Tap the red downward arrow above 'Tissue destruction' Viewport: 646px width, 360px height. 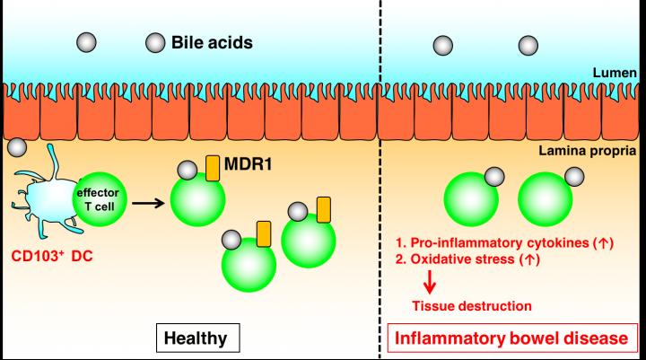click(431, 283)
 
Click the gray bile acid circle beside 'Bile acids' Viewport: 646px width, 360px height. click(156, 41)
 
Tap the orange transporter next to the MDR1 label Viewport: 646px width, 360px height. click(214, 168)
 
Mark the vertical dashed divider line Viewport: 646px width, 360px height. click(378, 180)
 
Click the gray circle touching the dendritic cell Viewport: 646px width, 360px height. click(14, 146)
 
